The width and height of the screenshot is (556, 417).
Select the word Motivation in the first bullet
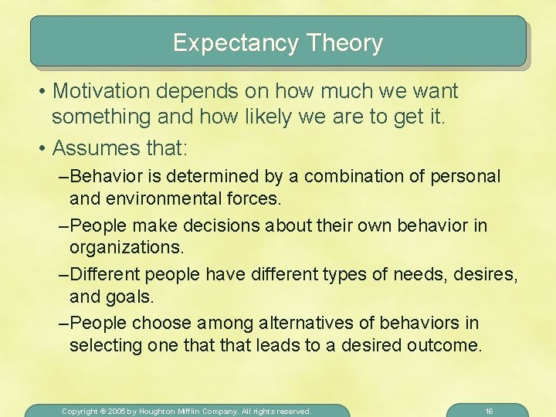click(104, 91)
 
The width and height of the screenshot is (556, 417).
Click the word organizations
click(127, 248)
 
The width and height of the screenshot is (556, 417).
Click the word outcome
click(445, 345)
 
